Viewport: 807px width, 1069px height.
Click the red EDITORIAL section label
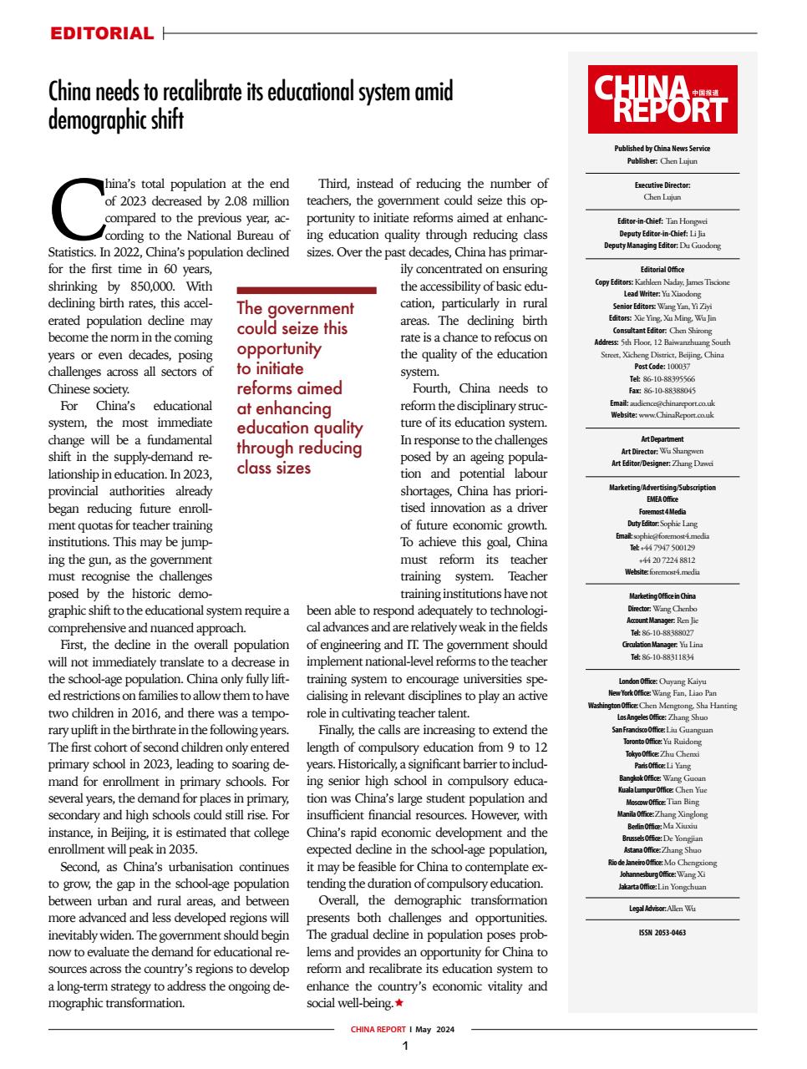[101, 34]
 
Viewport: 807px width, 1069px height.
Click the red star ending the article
[398, 1002]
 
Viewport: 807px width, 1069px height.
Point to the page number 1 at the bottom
[404, 1046]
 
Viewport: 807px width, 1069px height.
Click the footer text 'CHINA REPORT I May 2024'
[403, 1030]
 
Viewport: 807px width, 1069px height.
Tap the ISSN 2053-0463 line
[662, 933]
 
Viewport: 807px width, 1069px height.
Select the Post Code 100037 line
[662, 367]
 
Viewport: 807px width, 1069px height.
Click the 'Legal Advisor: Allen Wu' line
[662, 908]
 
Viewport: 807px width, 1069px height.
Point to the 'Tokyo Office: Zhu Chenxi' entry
[662, 753]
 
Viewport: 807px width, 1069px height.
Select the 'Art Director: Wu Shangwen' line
[662, 451]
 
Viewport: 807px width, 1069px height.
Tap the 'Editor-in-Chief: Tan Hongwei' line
[662, 221]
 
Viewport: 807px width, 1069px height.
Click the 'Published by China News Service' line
[662, 149]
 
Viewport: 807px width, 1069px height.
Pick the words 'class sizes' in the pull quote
[273, 468]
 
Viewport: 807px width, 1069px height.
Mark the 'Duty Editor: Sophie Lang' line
[662, 524]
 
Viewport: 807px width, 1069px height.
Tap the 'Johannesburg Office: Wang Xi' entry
[662, 874]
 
